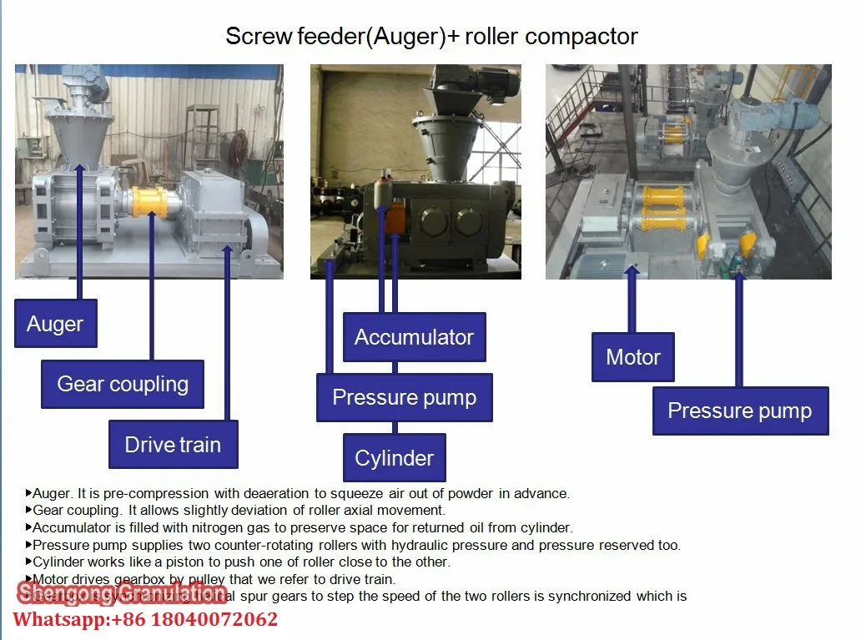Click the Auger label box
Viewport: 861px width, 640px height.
click(x=55, y=323)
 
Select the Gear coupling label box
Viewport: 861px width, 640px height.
click(x=123, y=384)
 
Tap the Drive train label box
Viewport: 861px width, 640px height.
click(x=173, y=444)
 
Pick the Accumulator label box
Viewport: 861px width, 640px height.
click(x=414, y=337)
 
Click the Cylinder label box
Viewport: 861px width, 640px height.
click(x=394, y=457)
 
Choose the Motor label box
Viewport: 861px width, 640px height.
click(x=633, y=357)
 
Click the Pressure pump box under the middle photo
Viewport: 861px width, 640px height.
click(x=404, y=397)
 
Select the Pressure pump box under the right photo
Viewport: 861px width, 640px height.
click(x=740, y=411)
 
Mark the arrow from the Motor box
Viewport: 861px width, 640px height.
click(x=632, y=300)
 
